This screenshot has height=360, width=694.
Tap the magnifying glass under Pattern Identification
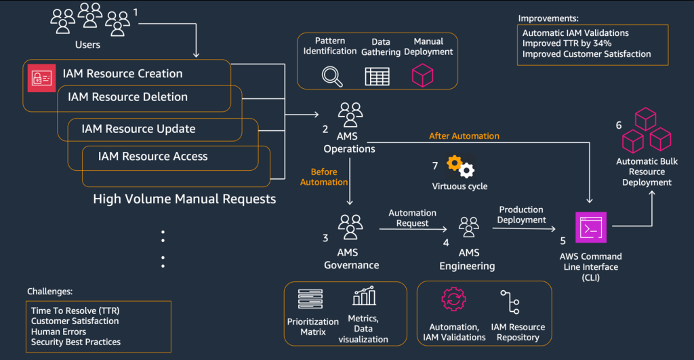tap(332, 76)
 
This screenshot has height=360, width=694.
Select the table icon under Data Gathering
tap(377, 76)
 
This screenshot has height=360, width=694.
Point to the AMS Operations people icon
tap(350, 115)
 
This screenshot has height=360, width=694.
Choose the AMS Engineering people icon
tap(469, 228)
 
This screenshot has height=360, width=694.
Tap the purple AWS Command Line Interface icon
tap(590, 228)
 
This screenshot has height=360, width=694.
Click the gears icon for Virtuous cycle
tap(461, 165)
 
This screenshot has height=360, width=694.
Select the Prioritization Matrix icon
tap(310, 299)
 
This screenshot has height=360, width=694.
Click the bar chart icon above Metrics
tap(365, 297)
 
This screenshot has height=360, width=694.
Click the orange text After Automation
tap(464, 136)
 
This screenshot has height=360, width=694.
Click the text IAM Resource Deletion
tap(127, 97)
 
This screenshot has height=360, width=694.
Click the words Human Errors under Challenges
tap(58, 332)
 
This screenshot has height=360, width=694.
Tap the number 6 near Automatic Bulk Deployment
tap(618, 125)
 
